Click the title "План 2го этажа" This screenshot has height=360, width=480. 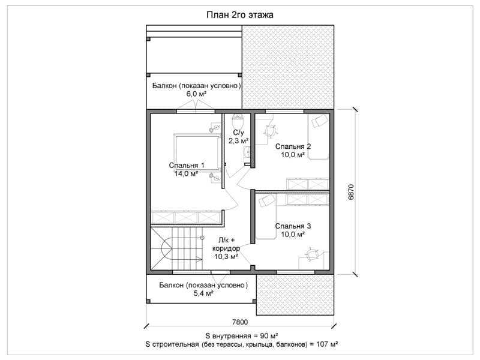tap(239, 14)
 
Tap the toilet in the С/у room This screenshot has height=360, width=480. tap(238, 122)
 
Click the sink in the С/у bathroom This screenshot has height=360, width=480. tap(247, 152)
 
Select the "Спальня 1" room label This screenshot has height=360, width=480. tap(187, 166)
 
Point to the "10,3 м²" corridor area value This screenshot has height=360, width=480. tap(226, 257)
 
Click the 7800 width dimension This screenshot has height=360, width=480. tap(240, 322)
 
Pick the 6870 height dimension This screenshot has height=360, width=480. tap(351, 192)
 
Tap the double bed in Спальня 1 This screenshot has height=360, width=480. tap(197, 152)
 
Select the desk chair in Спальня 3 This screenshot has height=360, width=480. tap(311, 254)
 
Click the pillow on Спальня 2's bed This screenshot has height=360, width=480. tap(318, 121)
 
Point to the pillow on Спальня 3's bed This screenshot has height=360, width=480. tap(266, 200)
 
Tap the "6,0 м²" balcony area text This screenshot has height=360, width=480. tap(196, 94)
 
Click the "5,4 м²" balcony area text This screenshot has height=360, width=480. tap(203, 293)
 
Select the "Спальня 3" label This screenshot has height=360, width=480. tap(293, 226)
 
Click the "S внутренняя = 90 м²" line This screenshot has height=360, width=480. tap(242, 335)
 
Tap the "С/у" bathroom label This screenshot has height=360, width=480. tap(238, 133)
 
